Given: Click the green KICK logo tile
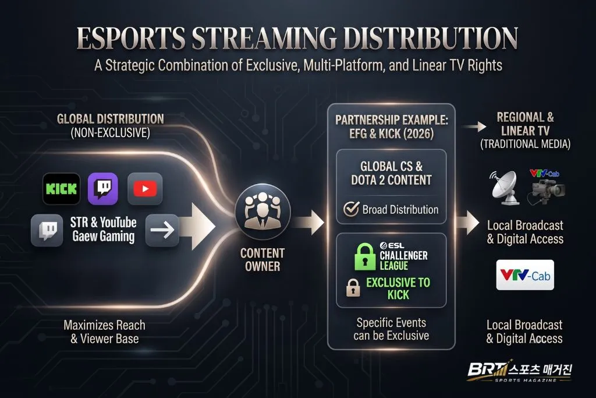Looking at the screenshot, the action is tap(62, 189).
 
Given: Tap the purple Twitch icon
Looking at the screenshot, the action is tap(103, 189).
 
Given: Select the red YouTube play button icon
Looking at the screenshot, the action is tap(145, 189).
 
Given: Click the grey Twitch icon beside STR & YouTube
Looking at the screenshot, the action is tap(47, 230).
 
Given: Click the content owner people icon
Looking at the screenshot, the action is tap(262, 212).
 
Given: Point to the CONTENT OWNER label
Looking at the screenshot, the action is tap(262, 260).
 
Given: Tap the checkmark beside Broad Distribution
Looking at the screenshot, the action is tap(351, 209).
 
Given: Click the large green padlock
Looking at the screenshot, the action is tap(365, 256).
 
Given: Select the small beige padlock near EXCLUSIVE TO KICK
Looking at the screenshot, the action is tap(353, 287).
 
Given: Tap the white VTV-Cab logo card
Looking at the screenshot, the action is tap(525, 274).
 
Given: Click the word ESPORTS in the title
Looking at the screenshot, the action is tap(131, 38).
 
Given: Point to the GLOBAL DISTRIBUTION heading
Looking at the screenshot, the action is tap(110, 119).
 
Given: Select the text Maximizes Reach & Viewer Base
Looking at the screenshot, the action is tap(105, 332).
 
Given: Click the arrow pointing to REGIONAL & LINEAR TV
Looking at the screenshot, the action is tap(474, 126).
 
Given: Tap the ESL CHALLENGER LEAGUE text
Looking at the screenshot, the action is tap(404, 256).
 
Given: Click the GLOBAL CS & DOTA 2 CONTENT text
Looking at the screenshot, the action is tap(392, 173).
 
